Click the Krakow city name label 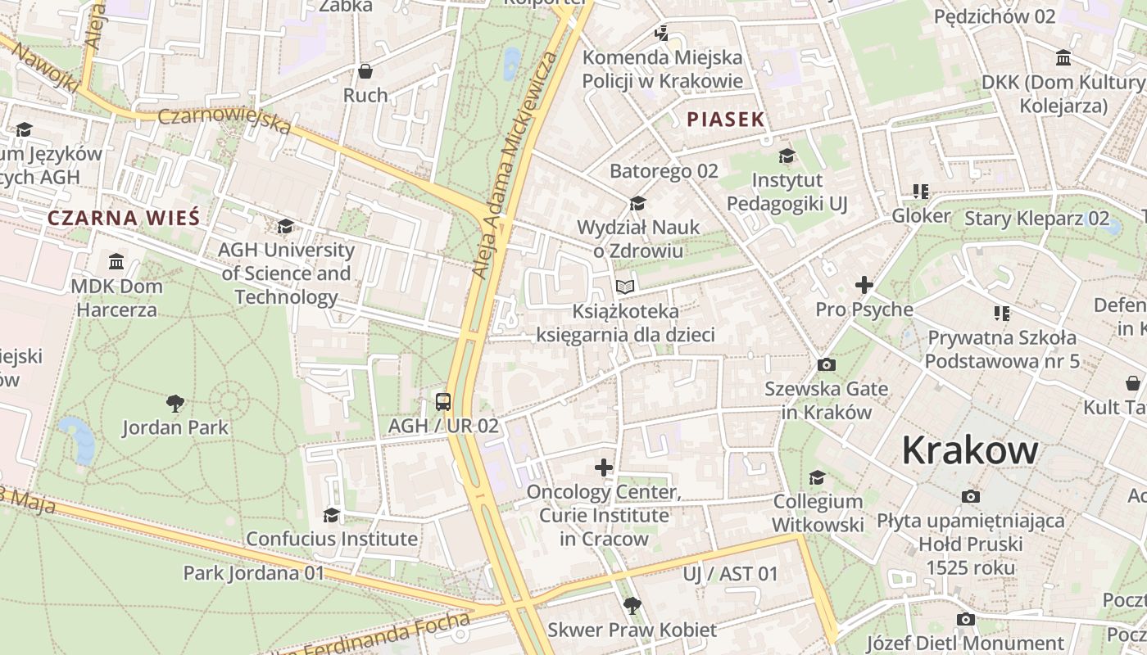coord(970,450)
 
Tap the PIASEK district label coord(725,120)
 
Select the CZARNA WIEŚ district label coord(123,218)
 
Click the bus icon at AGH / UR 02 coord(443,401)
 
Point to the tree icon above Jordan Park coord(175,402)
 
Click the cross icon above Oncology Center coord(604,468)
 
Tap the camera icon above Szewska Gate coord(827,364)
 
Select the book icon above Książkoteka coord(625,287)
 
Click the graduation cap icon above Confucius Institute coord(331,515)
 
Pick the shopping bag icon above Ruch coord(365,71)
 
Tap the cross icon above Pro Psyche coord(864,285)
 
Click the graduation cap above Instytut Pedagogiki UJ coord(787,156)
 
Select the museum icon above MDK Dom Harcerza coord(116,262)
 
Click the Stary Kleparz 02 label coord(1036,219)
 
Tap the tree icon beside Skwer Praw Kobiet coord(632,606)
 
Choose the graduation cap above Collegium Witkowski coord(817,477)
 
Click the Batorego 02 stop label coord(664,171)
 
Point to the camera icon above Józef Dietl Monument coord(966,619)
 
